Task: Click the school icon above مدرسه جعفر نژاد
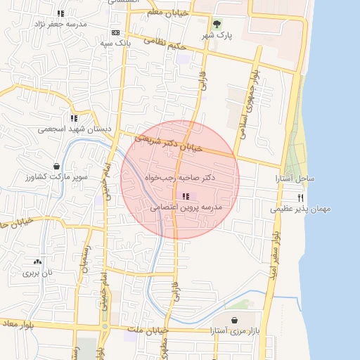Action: coord(61,13)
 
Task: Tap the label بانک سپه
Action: coord(115,44)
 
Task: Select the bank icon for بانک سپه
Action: coord(115,32)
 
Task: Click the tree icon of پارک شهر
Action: coord(216,24)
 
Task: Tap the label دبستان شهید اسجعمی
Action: coord(75,129)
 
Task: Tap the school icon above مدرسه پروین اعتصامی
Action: coord(186,196)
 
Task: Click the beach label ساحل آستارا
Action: coord(295,179)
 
